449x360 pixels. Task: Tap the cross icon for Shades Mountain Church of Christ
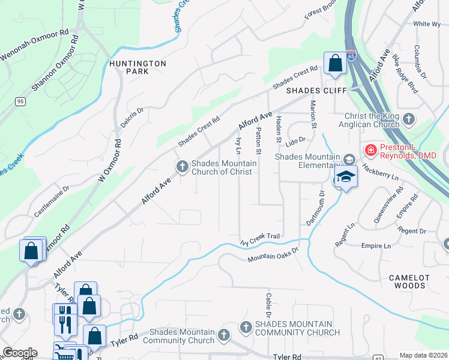181,166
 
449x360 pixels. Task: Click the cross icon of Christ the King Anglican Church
409,118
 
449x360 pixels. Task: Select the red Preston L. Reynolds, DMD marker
370,151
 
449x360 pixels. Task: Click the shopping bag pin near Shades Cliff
334,64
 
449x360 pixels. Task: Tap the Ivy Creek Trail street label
261,238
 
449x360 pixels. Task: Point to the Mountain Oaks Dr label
273,254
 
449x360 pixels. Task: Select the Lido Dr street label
296,139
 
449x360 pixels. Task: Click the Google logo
20,353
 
